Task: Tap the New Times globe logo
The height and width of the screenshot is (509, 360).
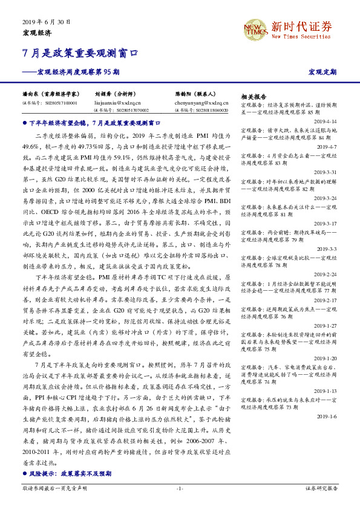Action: (254, 28)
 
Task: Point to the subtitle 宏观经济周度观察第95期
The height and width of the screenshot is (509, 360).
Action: (78, 72)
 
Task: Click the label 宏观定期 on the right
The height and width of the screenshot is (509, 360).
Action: (322, 73)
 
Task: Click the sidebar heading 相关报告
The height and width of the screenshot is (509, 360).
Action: (253, 97)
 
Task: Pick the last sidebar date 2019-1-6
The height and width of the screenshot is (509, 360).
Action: (327, 417)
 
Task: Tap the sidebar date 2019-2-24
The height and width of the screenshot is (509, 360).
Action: (327, 274)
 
